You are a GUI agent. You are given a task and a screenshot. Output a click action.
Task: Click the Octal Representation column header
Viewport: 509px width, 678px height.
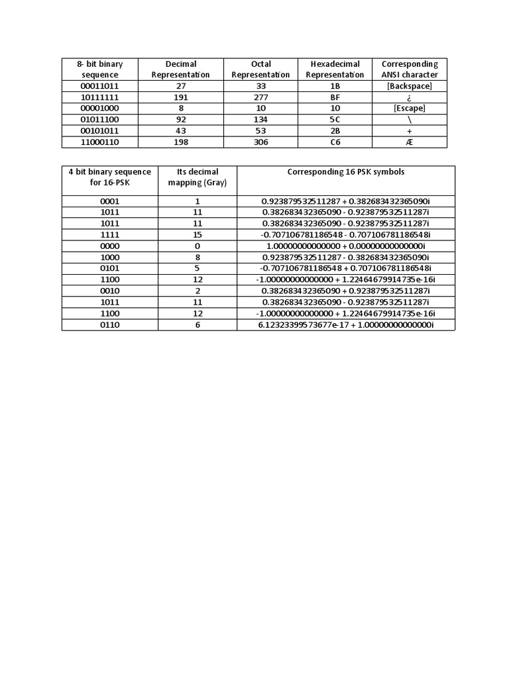point(260,70)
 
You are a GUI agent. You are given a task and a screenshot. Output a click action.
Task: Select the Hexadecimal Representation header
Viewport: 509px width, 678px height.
point(335,70)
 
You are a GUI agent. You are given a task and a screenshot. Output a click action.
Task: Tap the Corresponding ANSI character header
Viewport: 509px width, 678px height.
point(410,70)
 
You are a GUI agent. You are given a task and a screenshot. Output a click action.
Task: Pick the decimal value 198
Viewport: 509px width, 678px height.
point(180,142)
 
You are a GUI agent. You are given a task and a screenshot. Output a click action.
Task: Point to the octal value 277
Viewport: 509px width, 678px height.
point(260,97)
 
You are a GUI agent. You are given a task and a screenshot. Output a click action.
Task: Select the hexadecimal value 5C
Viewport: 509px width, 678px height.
point(335,119)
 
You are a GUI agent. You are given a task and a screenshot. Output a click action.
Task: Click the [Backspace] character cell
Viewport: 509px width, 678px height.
point(410,86)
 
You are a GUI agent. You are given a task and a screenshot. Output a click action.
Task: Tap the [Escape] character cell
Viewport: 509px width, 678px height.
point(410,108)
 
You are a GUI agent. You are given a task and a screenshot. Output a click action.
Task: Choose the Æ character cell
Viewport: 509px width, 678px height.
point(410,142)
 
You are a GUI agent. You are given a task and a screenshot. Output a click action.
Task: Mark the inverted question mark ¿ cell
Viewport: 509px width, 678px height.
point(410,97)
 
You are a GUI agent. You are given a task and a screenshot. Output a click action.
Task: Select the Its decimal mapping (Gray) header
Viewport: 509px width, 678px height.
point(198,177)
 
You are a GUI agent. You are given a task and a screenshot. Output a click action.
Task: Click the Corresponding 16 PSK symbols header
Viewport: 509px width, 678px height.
point(345,171)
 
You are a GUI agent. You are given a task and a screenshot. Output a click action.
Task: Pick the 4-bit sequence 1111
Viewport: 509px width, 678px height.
point(109,234)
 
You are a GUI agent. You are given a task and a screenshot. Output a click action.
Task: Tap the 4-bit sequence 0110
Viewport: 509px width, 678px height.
point(109,324)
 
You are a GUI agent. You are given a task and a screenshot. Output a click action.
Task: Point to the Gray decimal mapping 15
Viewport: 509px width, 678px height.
point(198,234)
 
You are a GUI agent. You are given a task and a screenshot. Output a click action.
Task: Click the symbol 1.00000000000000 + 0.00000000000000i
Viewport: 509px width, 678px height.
point(345,246)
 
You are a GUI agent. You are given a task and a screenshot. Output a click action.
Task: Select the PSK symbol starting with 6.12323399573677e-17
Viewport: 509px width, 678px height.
point(345,324)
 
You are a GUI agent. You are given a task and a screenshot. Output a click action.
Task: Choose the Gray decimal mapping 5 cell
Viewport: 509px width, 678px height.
point(198,268)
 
